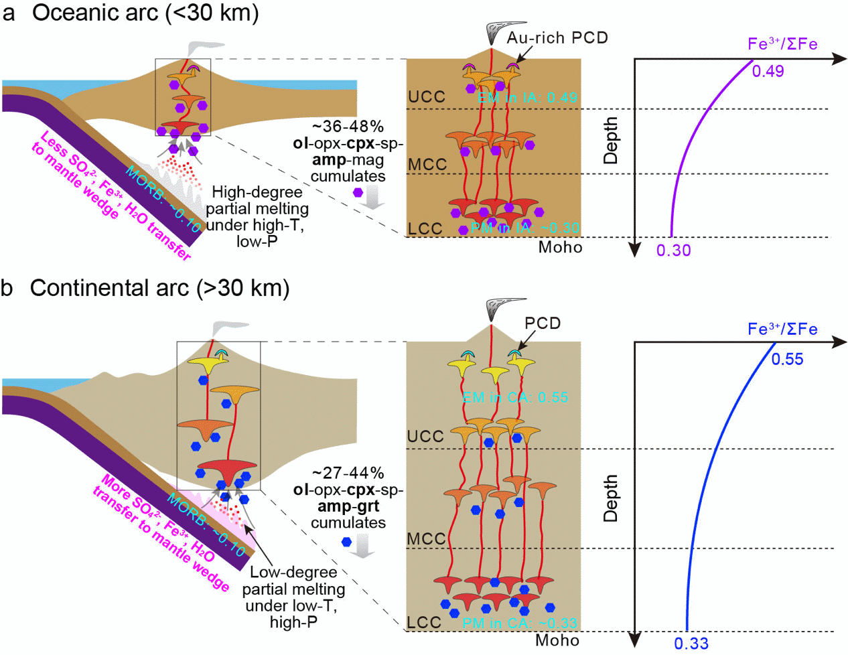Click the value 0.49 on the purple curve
click(x=768, y=71)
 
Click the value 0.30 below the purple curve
click(x=673, y=250)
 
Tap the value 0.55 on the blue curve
click(x=787, y=359)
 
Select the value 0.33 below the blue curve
click(x=691, y=644)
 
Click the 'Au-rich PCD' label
click(x=557, y=38)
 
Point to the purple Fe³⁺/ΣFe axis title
click(x=782, y=44)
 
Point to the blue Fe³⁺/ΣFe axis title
click(x=782, y=329)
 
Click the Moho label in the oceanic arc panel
click(x=561, y=247)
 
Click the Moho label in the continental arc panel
click(x=557, y=640)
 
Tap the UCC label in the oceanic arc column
click(x=427, y=96)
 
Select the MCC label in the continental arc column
click(x=426, y=538)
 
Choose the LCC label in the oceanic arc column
click(x=425, y=228)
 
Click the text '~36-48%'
click(x=348, y=127)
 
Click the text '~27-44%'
click(x=348, y=473)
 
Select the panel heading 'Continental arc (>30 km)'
click(x=159, y=288)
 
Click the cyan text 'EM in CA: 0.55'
click(x=515, y=397)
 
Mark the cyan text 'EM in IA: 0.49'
click(x=527, y=98)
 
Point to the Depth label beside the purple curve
click(x=610, y=141)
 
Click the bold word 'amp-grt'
click(x=348, y=506)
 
